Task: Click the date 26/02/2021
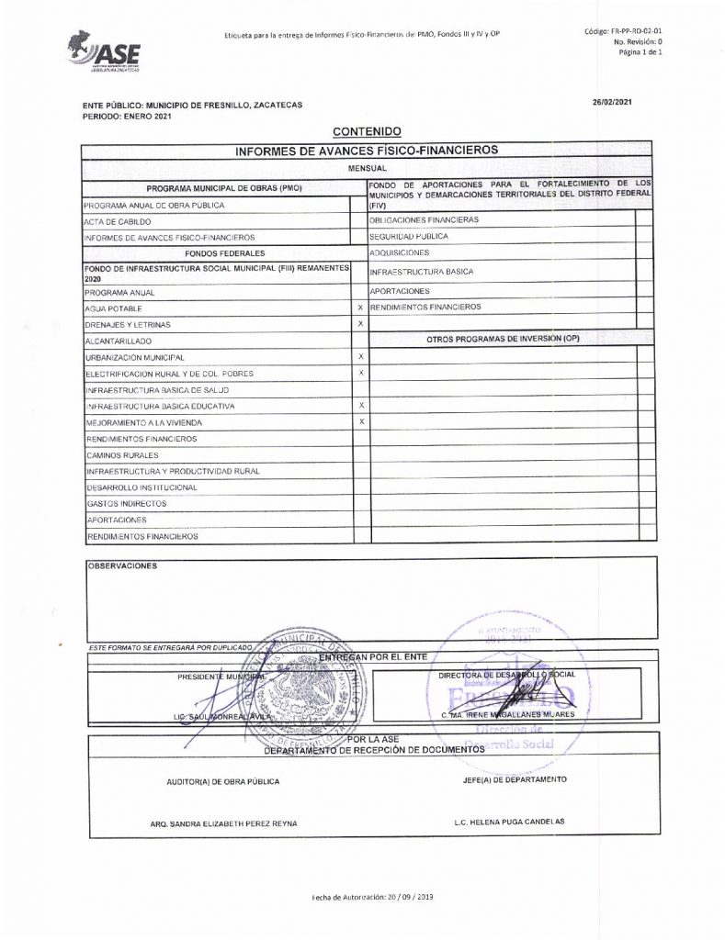pyautogui.click(x=612, y=102)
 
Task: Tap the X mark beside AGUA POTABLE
pyautogui.click(x=360, y=308)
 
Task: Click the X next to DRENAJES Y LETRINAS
pyautogui.click(x=360, y=324)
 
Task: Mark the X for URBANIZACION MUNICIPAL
pyautogui.click(x=360, y=356)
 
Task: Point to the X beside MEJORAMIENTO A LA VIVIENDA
pyautogui.click(x=360, y=421)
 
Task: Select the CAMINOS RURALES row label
pyautogui.click(x=123, y=455)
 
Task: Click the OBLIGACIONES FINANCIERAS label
pyautogui.click(x=424, y=220)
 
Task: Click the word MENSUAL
pyautogui.click(x=366, y=170)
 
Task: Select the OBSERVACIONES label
pyautogui.click(x=122, y=565)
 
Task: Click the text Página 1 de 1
pyautogui.click(x=640, y=52)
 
